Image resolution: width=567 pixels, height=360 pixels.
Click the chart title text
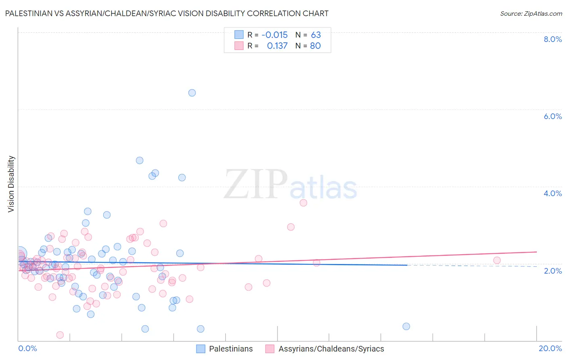[167, 13]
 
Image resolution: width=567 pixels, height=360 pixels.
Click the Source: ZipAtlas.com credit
[531, 13]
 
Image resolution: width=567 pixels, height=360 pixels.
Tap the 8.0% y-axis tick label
[552, 39]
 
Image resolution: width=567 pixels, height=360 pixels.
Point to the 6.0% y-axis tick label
[552, 116]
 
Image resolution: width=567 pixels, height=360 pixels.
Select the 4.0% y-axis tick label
[552, 193]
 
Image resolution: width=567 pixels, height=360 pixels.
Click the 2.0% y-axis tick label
[552, 271]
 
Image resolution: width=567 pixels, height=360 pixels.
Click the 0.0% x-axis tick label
[27, 348]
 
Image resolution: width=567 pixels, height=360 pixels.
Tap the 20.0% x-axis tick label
[550, 348]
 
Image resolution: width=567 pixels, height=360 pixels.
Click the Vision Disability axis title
[11, 184]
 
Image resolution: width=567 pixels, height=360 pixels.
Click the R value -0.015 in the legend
[275, 35]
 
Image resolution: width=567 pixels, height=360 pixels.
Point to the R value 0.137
[277, 46]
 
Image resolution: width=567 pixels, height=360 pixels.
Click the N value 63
[316, 35]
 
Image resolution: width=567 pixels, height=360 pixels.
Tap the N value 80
[315, 46]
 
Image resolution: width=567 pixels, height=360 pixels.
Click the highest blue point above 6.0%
[192, 93]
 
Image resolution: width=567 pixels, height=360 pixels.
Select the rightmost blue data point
[406, 327]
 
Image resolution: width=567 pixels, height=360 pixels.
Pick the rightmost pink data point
[497, 260]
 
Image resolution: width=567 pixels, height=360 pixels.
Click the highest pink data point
[303, 203]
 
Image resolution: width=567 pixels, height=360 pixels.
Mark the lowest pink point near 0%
[60, 335]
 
